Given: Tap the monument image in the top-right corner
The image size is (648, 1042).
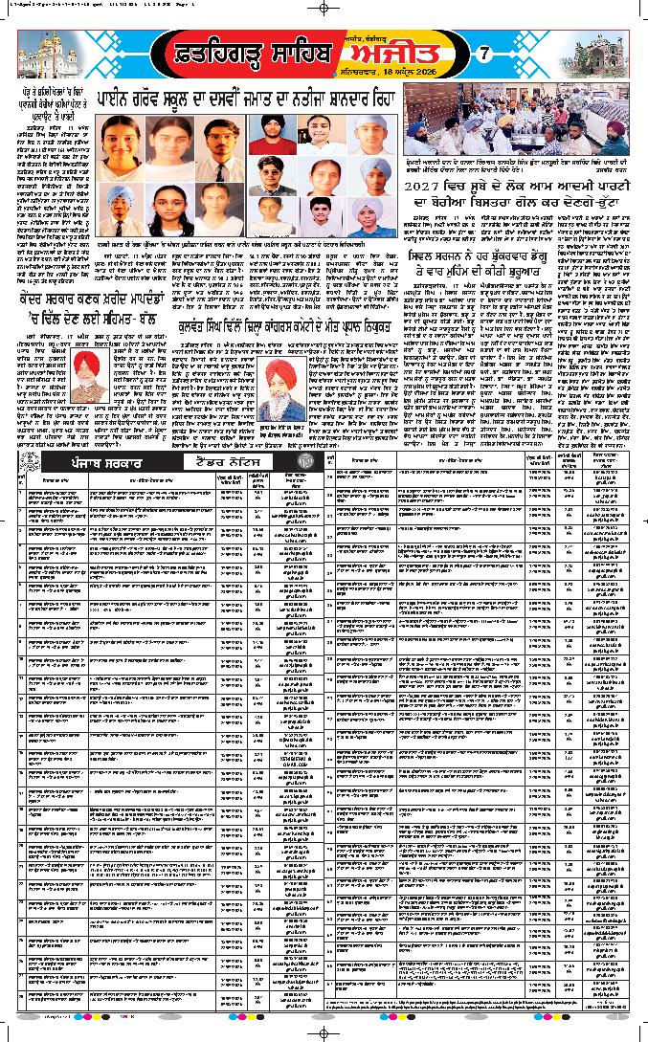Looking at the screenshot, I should tap(600, 54).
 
